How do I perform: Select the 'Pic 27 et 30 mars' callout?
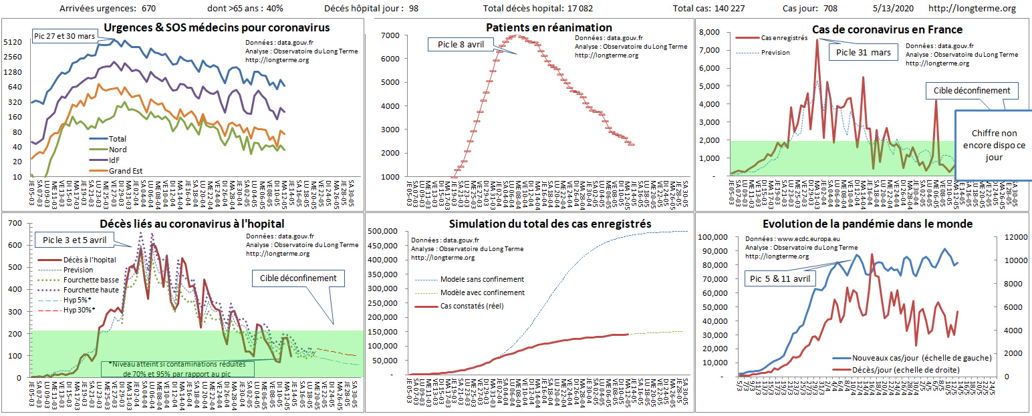click(63, 35)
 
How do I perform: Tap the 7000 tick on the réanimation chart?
click(390, 35)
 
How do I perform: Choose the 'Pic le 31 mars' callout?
click(863, 53)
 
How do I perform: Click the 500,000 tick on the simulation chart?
click(386, 232)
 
